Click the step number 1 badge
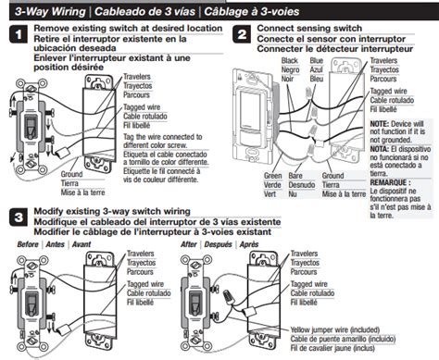[16, 36]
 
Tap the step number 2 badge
[241, 36]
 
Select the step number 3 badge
[16, 219]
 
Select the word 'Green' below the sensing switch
[271, 175]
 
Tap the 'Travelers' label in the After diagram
[308, 252]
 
